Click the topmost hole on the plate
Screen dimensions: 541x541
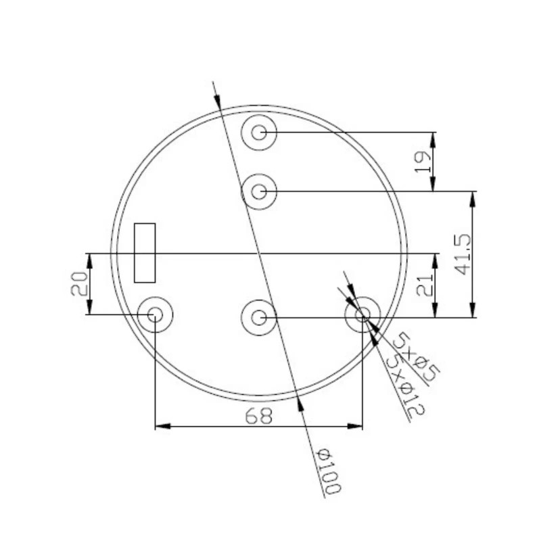[259, 132]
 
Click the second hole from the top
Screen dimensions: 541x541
[259, 191]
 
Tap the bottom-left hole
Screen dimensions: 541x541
[155, 314]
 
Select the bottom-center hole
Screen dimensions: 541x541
[259, 316]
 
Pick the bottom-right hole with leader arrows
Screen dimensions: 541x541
[362, 314]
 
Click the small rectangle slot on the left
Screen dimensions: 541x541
[145, 252]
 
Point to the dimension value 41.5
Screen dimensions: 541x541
[463, 254]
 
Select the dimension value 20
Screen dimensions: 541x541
[78, 284]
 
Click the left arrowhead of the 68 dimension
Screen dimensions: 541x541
[163, 426]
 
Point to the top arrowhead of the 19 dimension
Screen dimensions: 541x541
[433, 139]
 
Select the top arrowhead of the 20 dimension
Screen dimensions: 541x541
[88, 260]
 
